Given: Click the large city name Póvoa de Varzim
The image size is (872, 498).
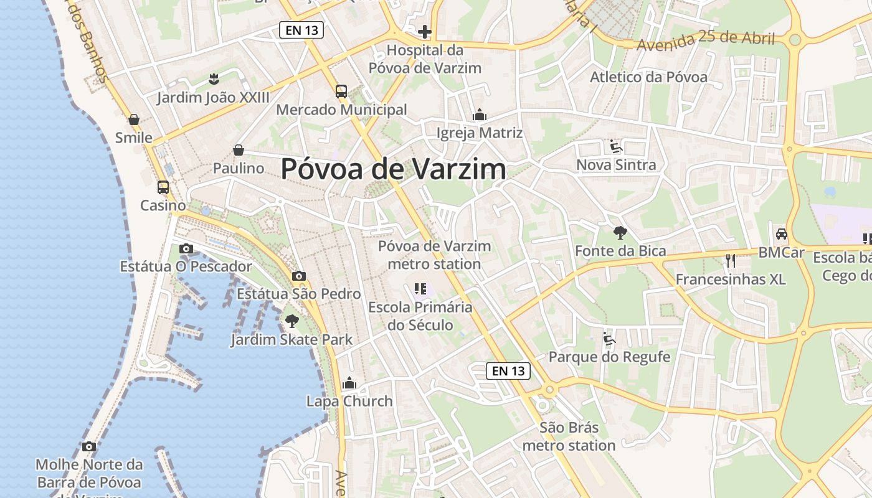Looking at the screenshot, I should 394,169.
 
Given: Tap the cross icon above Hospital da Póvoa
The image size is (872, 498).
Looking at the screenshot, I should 425,32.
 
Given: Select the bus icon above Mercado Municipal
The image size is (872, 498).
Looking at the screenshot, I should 341,92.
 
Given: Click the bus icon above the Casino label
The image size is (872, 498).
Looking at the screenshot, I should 163,187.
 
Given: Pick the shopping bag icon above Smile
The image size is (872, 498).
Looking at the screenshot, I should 134,120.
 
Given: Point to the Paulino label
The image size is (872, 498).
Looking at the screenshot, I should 239,168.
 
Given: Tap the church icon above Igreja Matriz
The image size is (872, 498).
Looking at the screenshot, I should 480,115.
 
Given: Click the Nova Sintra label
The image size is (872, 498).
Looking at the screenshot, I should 616,165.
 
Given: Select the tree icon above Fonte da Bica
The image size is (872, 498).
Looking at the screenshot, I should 620,233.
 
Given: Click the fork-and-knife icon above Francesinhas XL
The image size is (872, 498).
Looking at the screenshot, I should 731,260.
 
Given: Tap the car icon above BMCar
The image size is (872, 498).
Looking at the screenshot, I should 781,235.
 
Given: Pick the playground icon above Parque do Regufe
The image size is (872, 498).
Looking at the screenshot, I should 609,339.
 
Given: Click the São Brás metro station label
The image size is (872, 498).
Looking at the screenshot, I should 569,436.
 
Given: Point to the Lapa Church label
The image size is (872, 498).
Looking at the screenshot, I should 349,402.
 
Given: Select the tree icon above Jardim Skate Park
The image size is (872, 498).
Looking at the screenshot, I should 291,321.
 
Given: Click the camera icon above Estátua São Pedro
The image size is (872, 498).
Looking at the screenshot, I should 299,276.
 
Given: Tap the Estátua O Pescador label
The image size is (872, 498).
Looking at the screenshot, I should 186,266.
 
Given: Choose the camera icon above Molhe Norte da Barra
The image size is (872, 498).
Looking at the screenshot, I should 89,446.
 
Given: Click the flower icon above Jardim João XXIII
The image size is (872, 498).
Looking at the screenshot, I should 214,78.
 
